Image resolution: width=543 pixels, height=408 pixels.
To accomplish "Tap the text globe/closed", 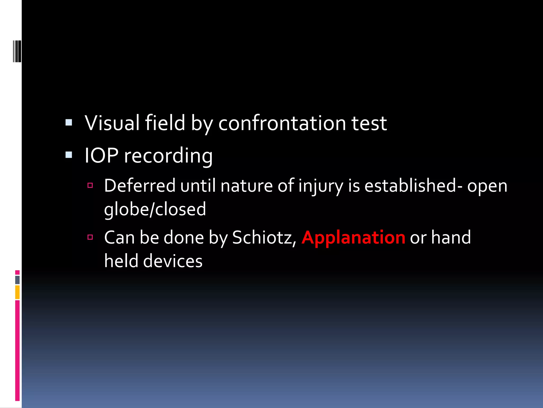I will [155, 209].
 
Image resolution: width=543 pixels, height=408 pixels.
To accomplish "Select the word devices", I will [173, 261].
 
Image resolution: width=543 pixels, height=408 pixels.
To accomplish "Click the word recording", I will [168, 156].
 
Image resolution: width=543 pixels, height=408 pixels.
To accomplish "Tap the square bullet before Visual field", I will [69, 122].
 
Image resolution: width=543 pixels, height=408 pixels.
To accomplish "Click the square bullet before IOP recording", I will [69, 155].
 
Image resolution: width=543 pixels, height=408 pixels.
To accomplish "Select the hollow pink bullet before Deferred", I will [90, 185].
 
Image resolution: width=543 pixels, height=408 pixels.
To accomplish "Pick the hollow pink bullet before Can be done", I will [90, 237].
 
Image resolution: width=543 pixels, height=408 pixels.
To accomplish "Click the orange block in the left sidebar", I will [17, 292].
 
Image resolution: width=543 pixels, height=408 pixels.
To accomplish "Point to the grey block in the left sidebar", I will [17, 280].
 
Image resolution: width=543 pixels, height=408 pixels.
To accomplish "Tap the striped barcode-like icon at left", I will [17, 51].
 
